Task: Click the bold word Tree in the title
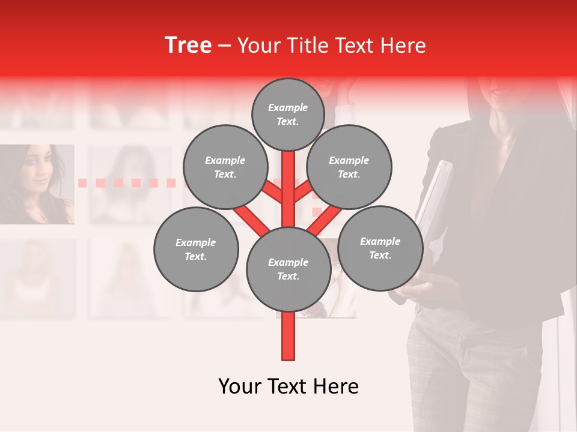[x=188, y=46]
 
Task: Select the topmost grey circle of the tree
[x=288, y=114]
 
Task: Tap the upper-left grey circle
[x=225, y=167]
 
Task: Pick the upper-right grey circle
[x=349, y=167]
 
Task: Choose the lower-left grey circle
[x=195, y=249]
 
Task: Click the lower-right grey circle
[x=380, y=248]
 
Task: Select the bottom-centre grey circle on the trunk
[x=288, y=269]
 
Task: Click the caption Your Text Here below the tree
[x=288, y=386]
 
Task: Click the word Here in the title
[x=403, y=46]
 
